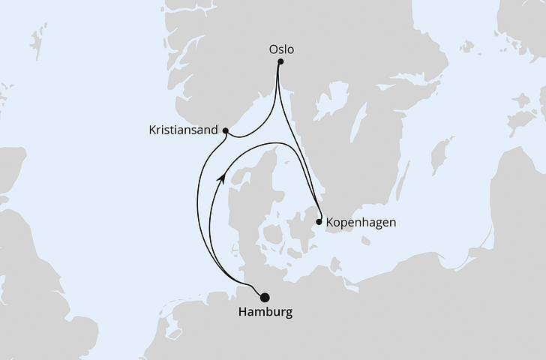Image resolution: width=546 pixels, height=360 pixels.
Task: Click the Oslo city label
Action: click(x=281, y=49)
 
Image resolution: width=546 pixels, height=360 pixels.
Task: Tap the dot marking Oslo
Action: click(x=280, y=63)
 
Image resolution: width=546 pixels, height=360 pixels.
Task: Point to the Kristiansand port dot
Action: click(x=226, y=130)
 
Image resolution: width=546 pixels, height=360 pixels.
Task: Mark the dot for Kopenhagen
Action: click(x=319, y=222)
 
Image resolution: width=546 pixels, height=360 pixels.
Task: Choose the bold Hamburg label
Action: click(x=264, y=311)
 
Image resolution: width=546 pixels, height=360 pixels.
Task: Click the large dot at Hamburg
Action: click(x=264, y=297)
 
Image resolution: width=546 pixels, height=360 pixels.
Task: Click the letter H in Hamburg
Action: click(x=241, y=311)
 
